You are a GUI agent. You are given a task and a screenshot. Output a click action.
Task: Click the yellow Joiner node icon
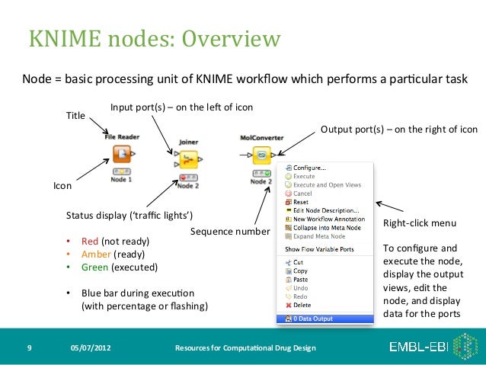188,159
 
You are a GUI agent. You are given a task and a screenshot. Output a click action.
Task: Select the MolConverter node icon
261,156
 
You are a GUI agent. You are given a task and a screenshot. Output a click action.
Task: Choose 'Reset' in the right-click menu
301,202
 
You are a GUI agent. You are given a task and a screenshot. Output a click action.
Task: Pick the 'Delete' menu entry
302,305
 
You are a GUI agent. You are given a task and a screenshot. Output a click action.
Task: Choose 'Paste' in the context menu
301,280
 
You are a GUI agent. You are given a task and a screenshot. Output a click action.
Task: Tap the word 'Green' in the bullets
95,267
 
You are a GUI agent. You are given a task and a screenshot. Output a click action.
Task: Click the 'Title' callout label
75,116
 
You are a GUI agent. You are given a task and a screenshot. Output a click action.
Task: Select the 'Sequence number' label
230,230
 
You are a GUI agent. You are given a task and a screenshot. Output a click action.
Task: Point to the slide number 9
28,348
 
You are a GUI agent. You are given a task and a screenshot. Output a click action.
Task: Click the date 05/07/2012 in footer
90,348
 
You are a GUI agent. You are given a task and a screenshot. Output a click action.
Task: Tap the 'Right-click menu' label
419,223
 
